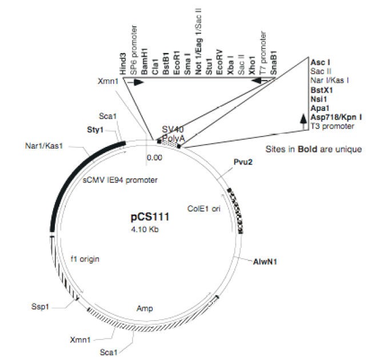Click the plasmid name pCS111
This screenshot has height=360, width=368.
pos(150,218)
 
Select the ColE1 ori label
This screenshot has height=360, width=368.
pos(203,208)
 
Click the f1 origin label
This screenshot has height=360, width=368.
pos(85,259)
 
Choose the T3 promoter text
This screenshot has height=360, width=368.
pos(331,126)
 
